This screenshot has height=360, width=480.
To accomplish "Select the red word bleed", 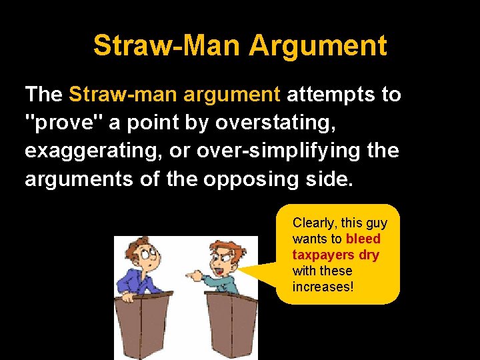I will [363, 239].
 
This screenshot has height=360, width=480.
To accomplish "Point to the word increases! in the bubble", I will [323, 287].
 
